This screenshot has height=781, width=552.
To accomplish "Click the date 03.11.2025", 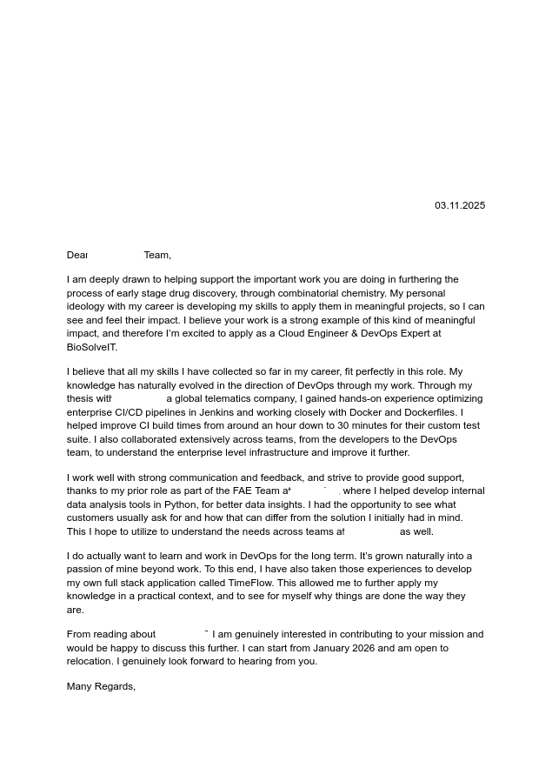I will click(460, 206).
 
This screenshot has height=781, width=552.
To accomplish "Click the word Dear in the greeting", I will click(77, 256).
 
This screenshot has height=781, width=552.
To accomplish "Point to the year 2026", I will click(367, 649).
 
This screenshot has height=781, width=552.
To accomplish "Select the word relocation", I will click(90, 662).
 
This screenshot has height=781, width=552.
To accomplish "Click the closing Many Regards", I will click(101, 687).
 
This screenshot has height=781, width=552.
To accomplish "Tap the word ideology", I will click(87, 307).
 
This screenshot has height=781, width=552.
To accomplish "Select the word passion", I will click(85, 570).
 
